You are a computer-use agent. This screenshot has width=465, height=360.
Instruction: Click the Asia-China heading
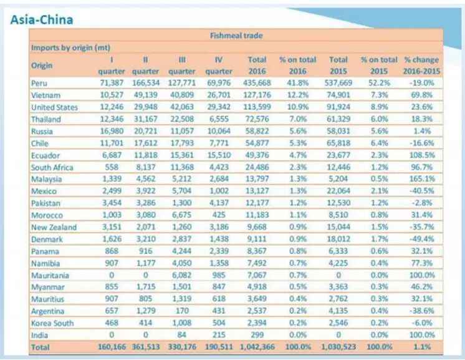[x=42, y=19]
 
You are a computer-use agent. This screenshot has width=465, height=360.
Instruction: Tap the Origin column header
[x=42, y=65]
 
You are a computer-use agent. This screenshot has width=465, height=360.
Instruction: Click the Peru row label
[x=39, y=83]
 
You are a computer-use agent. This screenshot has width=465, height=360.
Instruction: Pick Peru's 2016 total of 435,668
[x=257, y=83]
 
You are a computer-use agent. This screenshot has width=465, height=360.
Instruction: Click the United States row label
[x=54, y=107]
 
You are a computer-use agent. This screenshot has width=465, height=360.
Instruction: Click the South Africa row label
[x=52, y=167]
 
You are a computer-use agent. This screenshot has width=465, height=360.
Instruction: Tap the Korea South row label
[x=52, y=323]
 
